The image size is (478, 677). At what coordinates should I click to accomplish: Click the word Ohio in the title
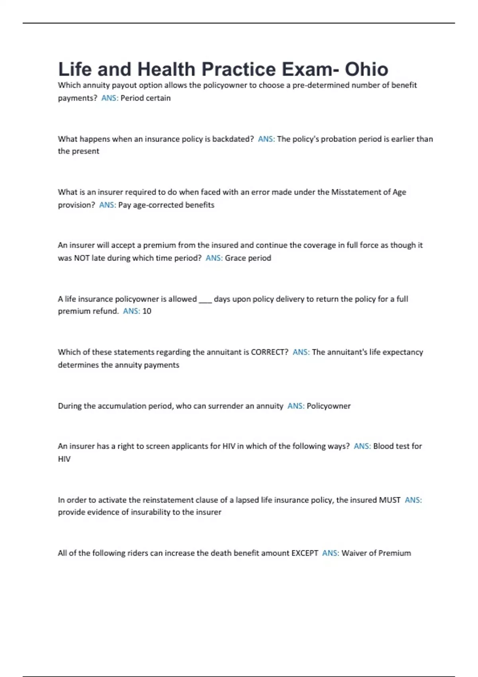pyautogui.click(x=366, y=69)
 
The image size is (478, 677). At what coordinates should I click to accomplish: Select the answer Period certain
pyautogui.click(x=145, y=98)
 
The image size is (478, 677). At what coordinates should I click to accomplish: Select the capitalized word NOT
pyautogui.click(x=82, y=258)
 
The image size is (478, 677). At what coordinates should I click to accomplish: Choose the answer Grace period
pyautogui.click(x=248, y=258)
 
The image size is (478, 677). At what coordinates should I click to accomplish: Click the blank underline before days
pyautogui.click(x=205, y=299)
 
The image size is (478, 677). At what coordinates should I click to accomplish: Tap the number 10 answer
pyautogui.click(x=147, y=311)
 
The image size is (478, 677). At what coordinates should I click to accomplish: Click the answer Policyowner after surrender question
pyautogui.click(x=329, y=406)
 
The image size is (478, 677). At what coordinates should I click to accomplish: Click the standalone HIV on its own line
pyautogui.click(x=64, y=459)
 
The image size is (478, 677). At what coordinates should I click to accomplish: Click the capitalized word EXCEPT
pyautogui.click(x=305, y=553)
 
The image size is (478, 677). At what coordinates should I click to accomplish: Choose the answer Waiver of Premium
pyautogui.click(x=376, y=553)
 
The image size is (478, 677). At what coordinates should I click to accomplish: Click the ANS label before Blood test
pyautogui.click(x=362, y=446)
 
